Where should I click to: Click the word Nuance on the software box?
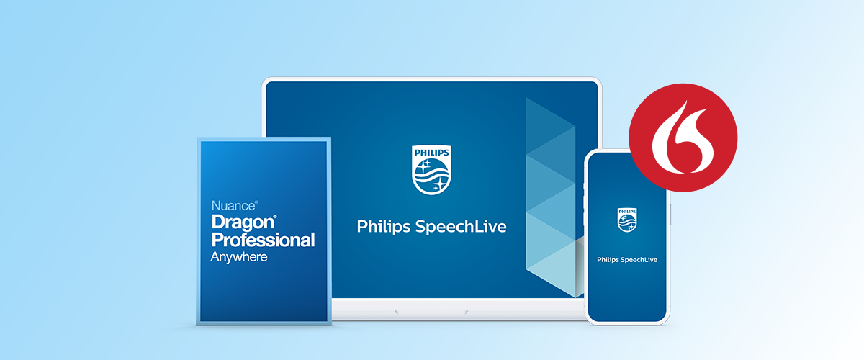233,206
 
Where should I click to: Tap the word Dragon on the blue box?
243,223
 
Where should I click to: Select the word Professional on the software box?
263,240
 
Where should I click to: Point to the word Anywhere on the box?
239,257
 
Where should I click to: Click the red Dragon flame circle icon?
683,138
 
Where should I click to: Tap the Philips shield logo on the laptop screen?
431,170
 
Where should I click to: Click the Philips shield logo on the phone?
627,220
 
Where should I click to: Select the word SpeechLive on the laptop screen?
461,227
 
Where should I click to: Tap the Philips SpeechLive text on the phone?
627,260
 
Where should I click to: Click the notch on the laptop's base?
431,312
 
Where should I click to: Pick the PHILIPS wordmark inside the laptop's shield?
431,153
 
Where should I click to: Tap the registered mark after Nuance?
256,202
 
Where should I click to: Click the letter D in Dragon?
218,222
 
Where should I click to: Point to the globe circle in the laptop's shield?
431,175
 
